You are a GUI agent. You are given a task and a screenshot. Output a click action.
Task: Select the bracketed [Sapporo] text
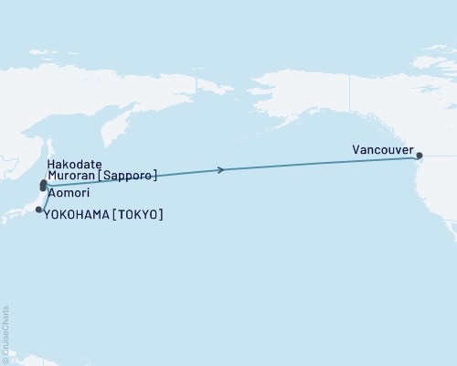point(129,174)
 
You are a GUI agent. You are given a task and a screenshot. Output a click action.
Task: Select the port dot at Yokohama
point(38,210)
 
